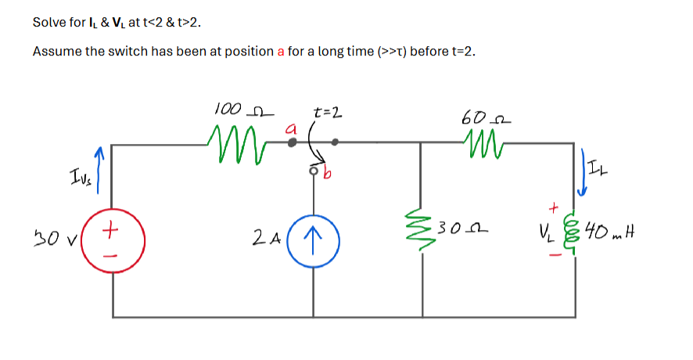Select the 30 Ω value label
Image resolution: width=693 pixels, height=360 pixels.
(x=458, y=229)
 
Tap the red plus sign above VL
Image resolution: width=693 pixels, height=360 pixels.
(x=555, y=209)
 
